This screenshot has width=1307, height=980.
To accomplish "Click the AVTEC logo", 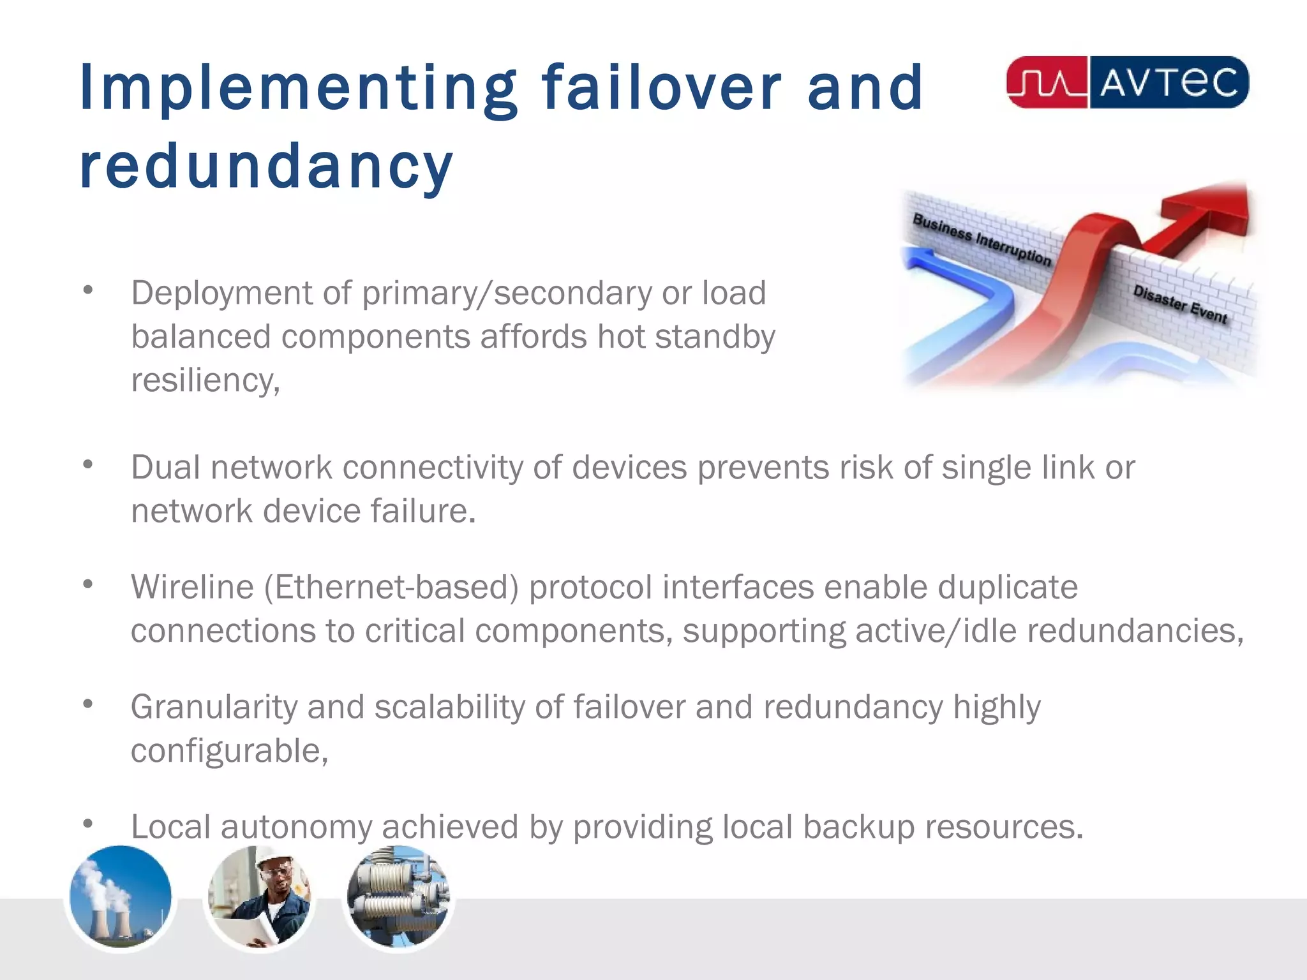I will click(1127, 82).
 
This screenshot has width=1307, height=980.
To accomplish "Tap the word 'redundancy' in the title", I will click(266, 167).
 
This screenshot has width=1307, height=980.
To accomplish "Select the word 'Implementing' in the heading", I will click(298, 89).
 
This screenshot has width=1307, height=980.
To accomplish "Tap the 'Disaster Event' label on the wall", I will click(1180, 304).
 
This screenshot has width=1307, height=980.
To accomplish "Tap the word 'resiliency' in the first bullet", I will click(204, 381).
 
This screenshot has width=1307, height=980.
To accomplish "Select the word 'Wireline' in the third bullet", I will click(192, 587).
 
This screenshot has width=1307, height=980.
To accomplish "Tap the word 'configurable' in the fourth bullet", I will click(228, 751).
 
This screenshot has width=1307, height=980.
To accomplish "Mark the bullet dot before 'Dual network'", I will click(88, 464).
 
